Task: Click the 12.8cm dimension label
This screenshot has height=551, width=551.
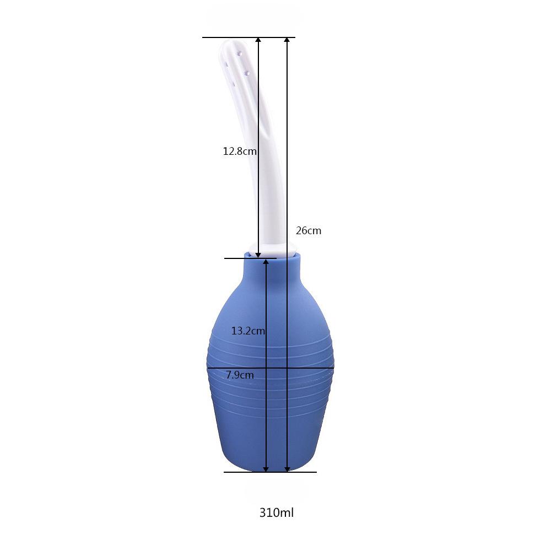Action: point(240,151)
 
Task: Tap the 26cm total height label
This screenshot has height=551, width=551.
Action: point(308,231)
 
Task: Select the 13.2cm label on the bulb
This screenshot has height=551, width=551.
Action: point(248,331)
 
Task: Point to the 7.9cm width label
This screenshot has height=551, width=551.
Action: point(240,375)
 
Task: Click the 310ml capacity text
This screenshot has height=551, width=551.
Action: point(277,513)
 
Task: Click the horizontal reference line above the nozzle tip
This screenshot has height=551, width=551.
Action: point(249,37)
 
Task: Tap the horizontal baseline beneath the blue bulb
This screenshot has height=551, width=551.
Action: point(270,472)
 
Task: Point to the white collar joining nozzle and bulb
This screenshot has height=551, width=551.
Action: point(275,251)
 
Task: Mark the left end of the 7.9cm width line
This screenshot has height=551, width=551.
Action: point(208,368)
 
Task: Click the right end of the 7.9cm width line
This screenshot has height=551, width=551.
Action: point(333,368)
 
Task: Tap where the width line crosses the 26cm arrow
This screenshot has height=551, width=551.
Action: point(287,368)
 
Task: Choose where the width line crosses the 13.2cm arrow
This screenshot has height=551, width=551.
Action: point(266,368)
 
